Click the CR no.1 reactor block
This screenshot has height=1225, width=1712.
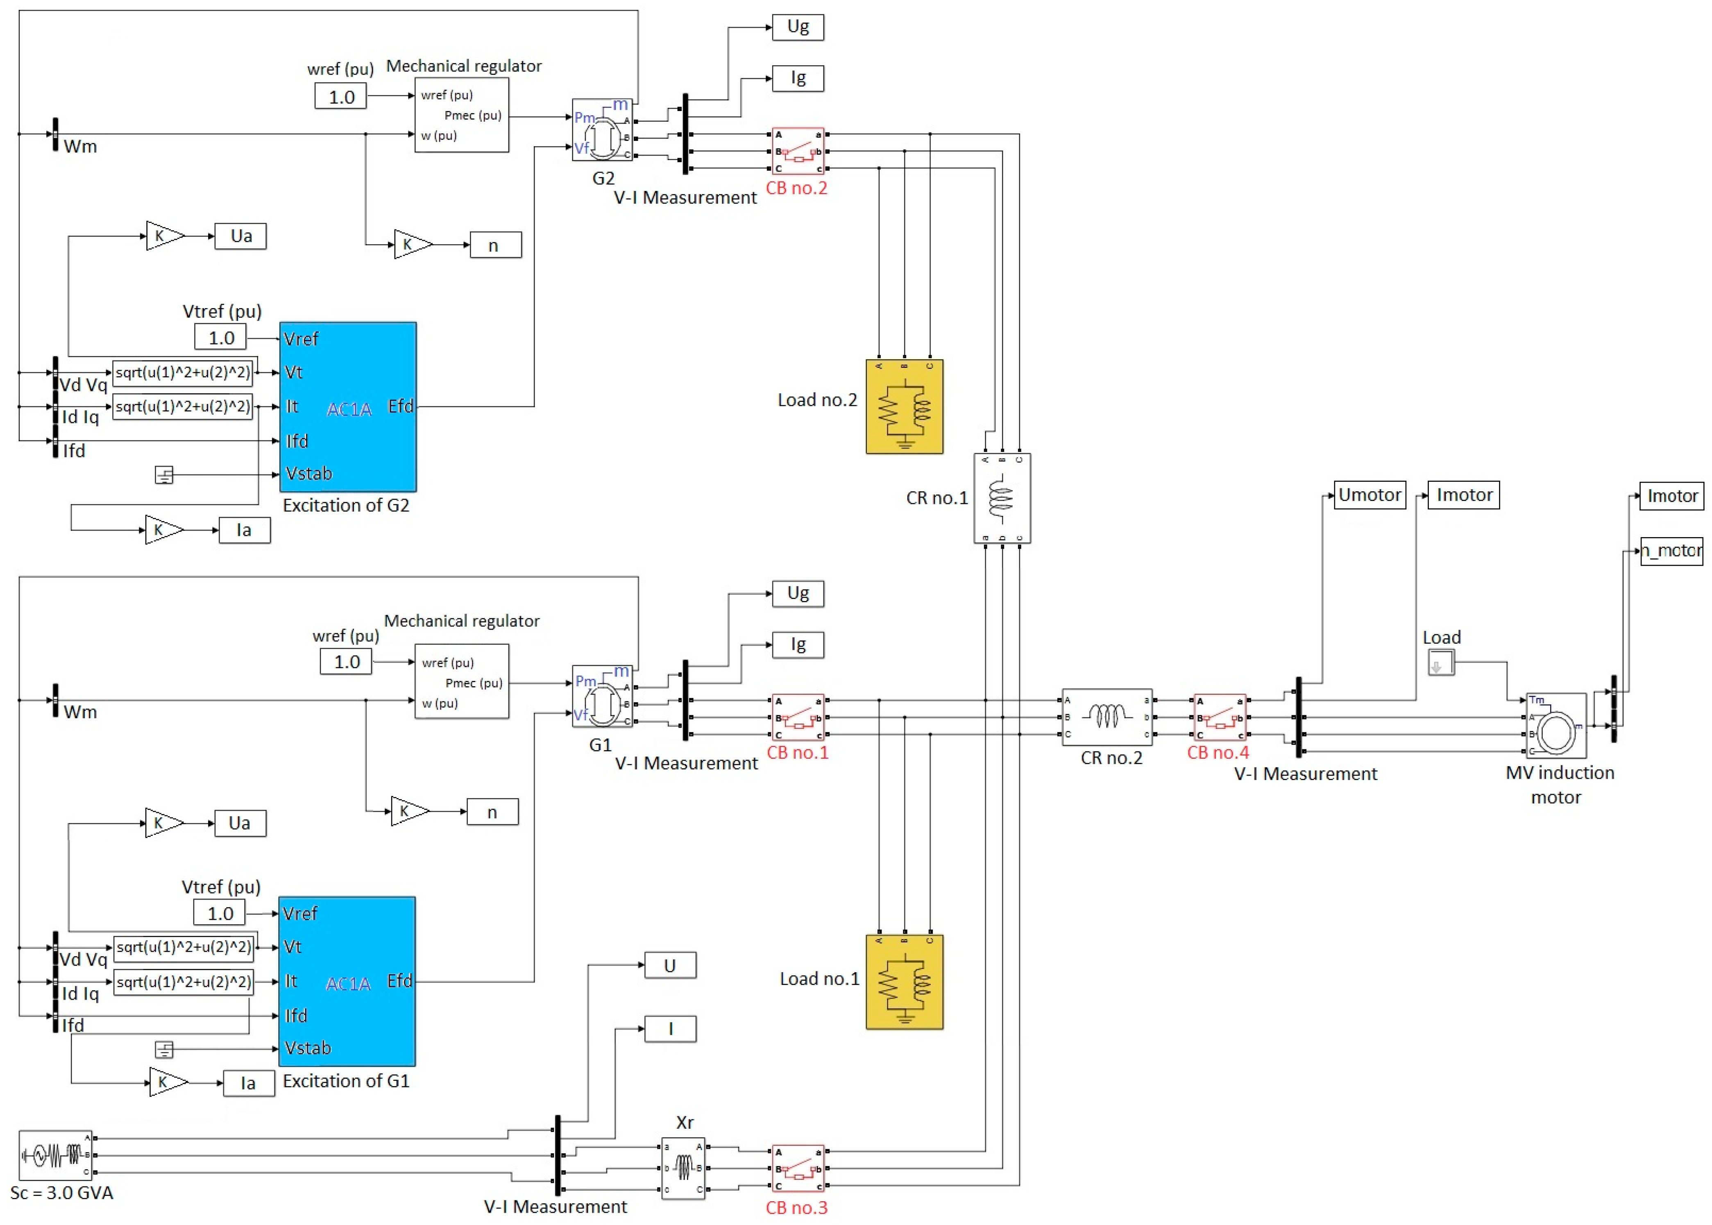1002,498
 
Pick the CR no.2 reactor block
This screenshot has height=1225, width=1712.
1107,717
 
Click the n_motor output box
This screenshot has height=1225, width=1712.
1671,551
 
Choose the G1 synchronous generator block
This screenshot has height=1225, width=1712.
602,696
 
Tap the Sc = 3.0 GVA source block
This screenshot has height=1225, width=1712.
55,1155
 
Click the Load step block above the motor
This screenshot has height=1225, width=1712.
1440,663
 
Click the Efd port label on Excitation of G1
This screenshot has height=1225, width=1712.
400,980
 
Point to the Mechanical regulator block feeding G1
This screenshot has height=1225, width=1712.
462,681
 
